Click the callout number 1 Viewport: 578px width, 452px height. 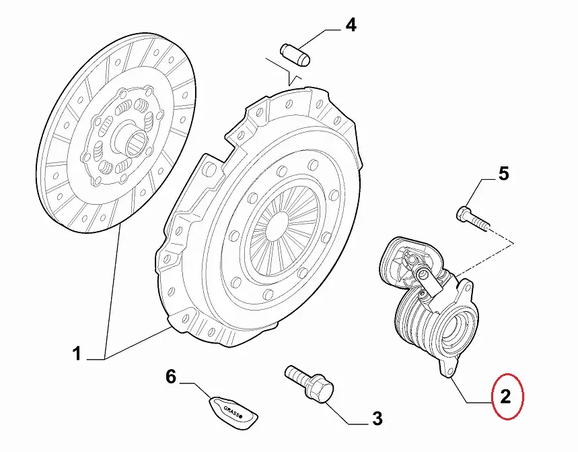[x=77, y=353]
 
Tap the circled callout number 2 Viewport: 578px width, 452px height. [x=507, y=397]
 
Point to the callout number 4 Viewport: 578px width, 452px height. [x=351, y=26]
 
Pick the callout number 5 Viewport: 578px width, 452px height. [x=503, y=175]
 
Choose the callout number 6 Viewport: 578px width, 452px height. [x=171, y=377]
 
